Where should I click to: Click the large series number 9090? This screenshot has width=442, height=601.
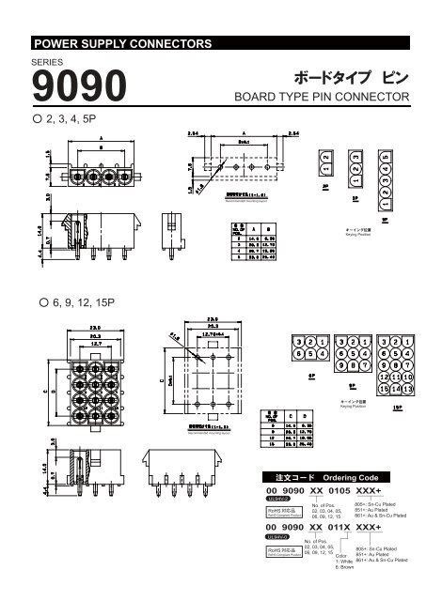pyautogui.click(x=79, y=88)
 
